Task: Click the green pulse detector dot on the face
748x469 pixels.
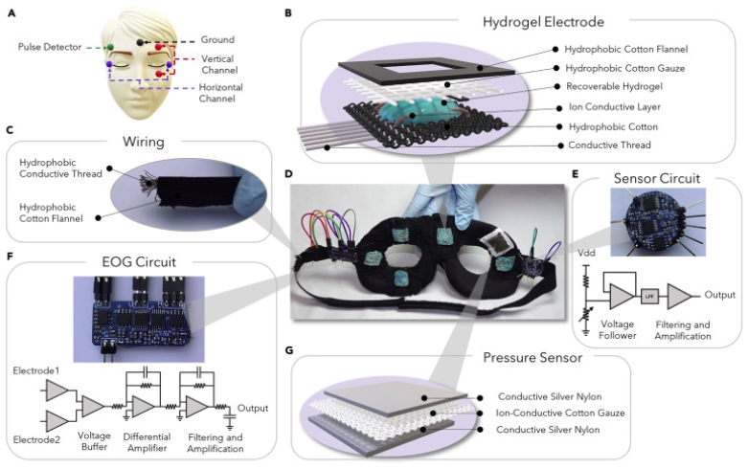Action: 110,46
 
